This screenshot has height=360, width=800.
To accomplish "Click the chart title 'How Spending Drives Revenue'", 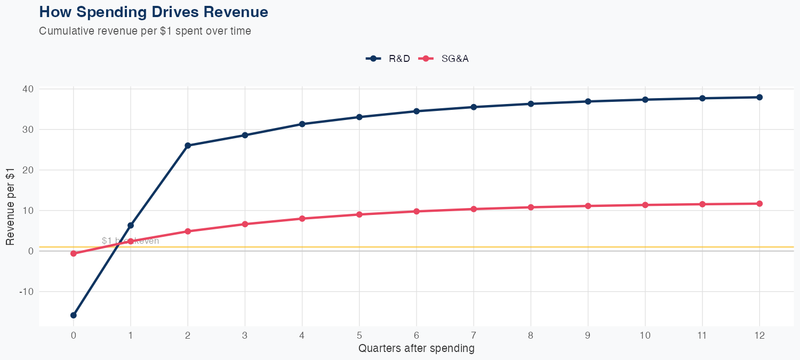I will point(154,12).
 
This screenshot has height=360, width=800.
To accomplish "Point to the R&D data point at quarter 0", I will point(74,315).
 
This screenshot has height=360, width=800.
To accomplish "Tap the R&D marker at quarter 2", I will point(188,146).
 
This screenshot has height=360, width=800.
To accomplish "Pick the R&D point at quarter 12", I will point(759,97).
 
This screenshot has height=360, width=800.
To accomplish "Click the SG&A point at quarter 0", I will point(74,254).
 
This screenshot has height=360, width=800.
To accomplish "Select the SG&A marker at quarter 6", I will point(417,211).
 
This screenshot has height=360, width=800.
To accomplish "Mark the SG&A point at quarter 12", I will point(759,204).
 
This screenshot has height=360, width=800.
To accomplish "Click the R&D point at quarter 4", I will point(302,124).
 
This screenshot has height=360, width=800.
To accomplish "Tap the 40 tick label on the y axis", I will point(28,89).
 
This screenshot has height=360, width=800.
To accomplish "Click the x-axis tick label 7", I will point(474,335).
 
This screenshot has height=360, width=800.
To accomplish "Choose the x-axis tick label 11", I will point(702,335).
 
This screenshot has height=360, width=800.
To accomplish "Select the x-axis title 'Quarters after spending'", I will point(416,349).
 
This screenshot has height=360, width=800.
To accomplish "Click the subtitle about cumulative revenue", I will point(145,31).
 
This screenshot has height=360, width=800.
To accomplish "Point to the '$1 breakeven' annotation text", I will point(130,241).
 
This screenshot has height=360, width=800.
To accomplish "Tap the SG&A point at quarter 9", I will point(588,206).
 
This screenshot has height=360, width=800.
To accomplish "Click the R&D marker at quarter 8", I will point(531,104).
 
